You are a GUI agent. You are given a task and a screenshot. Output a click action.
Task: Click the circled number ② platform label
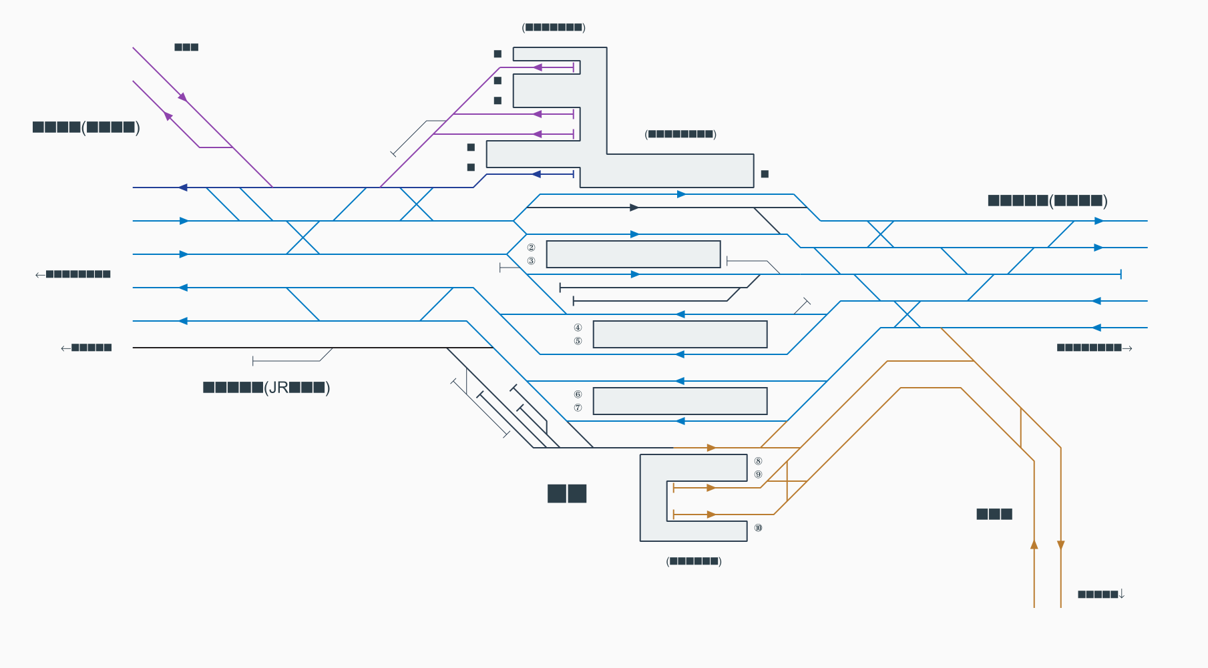point(531,248)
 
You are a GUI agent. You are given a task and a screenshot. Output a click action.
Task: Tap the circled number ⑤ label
point(578,341)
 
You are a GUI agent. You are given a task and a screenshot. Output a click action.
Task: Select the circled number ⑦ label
point(578,408)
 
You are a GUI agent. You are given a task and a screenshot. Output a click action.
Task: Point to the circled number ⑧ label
point(758,461)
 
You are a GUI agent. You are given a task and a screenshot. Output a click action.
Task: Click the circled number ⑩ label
point(758,528)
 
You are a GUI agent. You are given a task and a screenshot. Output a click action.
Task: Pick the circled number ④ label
point(578,328)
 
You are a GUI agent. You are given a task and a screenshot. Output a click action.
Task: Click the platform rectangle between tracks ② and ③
point(633,254)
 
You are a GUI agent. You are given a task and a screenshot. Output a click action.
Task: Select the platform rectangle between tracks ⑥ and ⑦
point(680,401)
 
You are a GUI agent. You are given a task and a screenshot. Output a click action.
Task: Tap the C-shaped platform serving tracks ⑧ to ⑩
point(653,497)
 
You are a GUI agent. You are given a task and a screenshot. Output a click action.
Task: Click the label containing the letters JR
point(266,388)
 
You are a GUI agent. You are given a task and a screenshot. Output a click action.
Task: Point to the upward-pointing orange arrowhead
point(1034,545)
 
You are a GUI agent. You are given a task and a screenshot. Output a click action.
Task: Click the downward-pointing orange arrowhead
point(1060,545)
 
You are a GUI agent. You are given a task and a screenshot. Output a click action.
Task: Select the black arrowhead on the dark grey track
point(634,208)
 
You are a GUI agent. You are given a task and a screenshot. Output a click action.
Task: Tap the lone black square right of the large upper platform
point(765,174)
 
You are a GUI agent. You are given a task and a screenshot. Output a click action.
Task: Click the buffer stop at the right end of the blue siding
point(1120,274)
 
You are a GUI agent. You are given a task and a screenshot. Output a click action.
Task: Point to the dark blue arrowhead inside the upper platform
point(536,174)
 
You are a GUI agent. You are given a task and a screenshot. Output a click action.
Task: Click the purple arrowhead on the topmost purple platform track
point(537,67)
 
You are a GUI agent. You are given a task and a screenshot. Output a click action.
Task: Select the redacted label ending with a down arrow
point(1101,594)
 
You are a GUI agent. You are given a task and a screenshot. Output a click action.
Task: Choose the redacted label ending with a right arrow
point(1094,348)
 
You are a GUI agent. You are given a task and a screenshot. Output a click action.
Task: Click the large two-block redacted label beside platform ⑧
point(566,494)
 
